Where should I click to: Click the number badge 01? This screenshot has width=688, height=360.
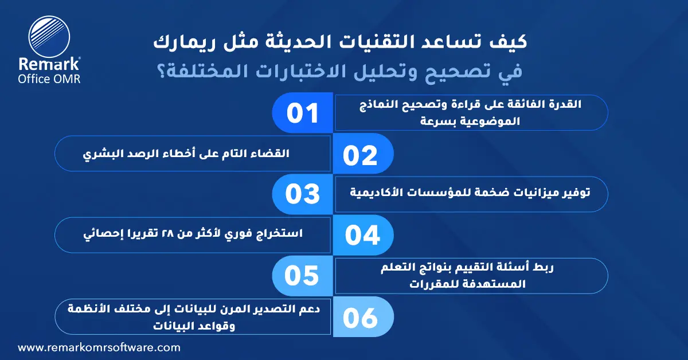tap(303, 113)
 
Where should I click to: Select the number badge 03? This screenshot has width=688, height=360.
tap(303, 194)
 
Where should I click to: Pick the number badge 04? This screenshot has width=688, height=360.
tap(361, 236)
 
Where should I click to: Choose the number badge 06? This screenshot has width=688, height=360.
tap(361, 317)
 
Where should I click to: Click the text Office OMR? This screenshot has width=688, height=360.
tap(49, 79)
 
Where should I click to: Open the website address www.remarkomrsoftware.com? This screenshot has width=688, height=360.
tap(99, 347)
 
